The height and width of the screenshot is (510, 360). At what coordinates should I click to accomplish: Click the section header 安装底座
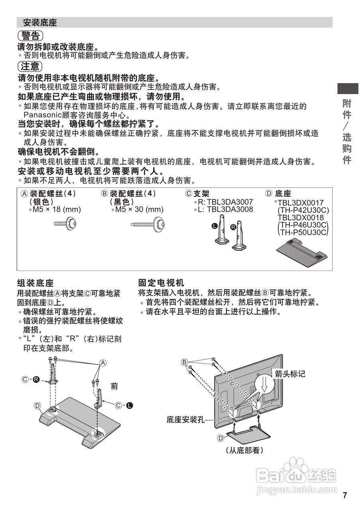tap(40, 23)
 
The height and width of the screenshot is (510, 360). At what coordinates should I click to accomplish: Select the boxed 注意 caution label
tap(30, 66)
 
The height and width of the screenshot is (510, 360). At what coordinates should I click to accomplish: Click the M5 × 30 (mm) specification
tap(139, 209)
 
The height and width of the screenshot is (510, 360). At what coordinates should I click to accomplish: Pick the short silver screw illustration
tap(65, 224)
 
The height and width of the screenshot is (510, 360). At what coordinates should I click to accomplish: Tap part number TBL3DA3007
tap(229, 202)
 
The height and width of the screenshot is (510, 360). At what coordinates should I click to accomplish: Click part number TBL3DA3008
tap(230, 209)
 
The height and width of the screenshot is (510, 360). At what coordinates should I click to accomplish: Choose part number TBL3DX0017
tap(301, 203)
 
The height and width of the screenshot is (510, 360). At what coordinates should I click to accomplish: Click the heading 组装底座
tap(35, 283)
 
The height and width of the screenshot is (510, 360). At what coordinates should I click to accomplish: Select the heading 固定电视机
tap(161, 283)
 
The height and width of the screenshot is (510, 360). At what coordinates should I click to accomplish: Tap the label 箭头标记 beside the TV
tap(290, 373)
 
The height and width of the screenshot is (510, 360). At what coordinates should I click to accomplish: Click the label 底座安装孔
tap(185, 420)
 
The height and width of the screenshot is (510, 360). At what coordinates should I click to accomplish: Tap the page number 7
tap(345, 495)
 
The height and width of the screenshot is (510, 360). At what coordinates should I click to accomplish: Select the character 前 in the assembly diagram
tap(115, 386)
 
